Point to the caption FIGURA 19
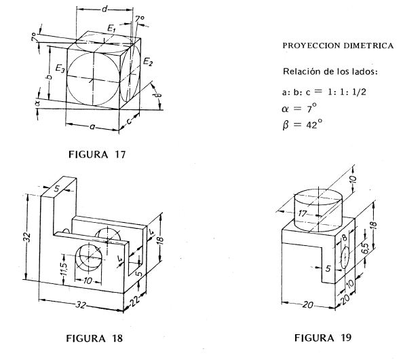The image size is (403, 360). pyautogui.click(x=323, y=337)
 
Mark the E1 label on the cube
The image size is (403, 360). pyautogui.click(x=111, y=30)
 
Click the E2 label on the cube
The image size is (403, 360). pyautogui.click(x=148, y=62)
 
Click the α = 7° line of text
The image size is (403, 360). pyautogui.click(x=299, y=108)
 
